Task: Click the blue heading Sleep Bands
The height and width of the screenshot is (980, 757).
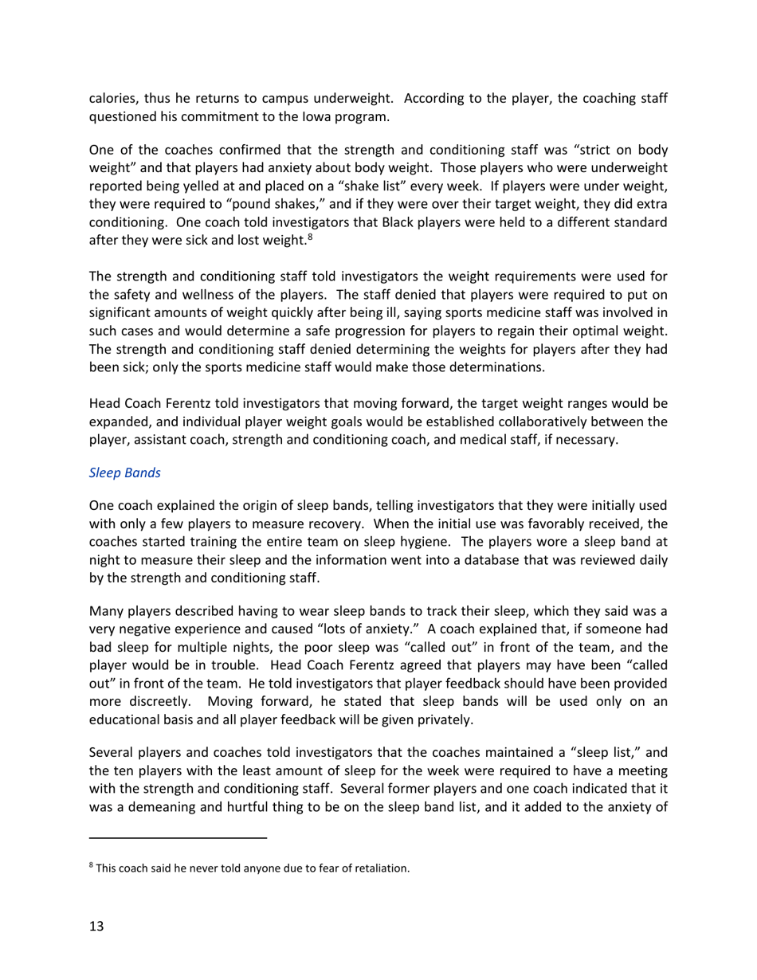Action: (x=124, y=472)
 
